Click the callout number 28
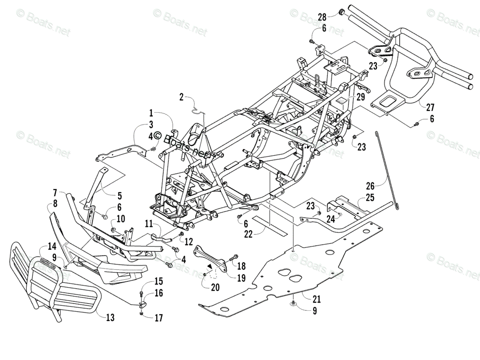322,17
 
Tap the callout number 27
430,108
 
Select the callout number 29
361,97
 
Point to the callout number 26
370,186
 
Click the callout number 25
370,198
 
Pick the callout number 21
316,299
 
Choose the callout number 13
110,318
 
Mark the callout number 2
181,97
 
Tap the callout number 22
248,234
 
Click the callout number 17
159,318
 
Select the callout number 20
215,288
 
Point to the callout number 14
52,246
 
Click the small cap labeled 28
340,12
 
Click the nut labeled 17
142,314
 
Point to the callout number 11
149,224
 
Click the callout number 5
120,196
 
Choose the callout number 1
151,114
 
